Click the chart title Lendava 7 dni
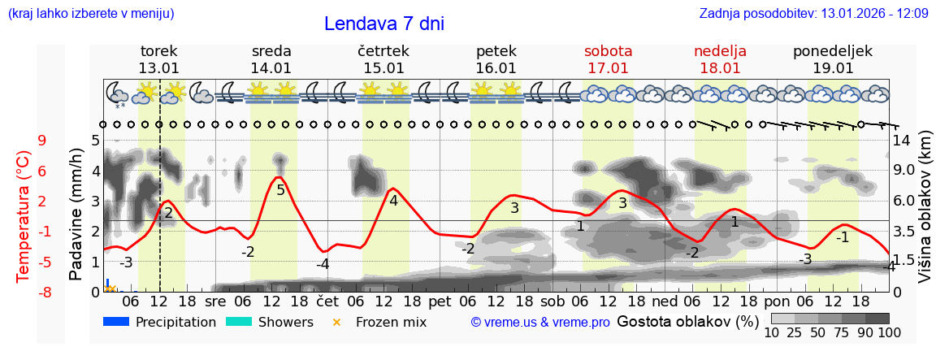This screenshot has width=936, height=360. tap(383, 24)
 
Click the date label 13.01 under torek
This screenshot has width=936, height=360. tap(158, 68)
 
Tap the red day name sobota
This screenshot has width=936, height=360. tap(608, 51)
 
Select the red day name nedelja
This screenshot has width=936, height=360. tap(720, 51)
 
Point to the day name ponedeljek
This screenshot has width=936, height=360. tap(833, 51)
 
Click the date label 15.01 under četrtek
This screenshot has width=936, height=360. tap(383, 68)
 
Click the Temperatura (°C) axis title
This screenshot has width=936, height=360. tap(23, 215)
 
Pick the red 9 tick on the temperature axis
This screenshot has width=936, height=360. tap(42, 141)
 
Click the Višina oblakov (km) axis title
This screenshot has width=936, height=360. tap(925, 215)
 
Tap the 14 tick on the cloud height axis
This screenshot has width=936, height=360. tap(903, 141)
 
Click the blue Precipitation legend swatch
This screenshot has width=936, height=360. tap(117, 322)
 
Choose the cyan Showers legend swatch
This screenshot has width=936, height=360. tap(239, 322)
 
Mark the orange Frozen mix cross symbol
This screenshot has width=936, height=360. tap(336, 322)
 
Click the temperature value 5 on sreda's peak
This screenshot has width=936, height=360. tap(281, 190)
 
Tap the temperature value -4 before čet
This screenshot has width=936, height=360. tap(323, 264)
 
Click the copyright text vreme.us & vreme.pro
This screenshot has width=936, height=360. tap(540, 323)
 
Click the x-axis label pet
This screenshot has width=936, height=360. tap(440, 300)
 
